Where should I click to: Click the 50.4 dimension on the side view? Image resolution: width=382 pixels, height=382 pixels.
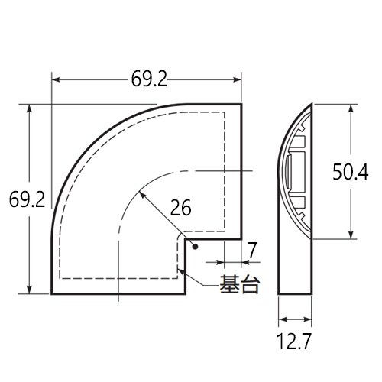tap(351, 173)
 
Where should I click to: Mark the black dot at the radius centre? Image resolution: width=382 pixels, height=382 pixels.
tap(196, 247)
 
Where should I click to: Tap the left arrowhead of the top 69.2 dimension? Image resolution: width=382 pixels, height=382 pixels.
tap(53, 78)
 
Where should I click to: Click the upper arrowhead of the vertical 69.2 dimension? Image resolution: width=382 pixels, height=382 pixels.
tap(31, 107)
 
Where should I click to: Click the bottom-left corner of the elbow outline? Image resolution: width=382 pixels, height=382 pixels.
tap(53, 293)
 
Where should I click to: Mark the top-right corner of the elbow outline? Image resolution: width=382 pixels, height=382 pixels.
tap(241, 104)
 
